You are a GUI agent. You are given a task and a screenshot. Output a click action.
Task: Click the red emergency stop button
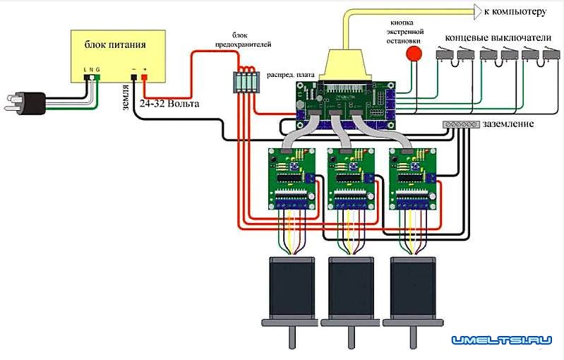pos(415,54)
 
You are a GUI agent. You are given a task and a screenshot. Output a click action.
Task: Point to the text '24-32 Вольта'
pos(169,104)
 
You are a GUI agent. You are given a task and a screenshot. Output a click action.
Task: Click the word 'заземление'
pos(508,124)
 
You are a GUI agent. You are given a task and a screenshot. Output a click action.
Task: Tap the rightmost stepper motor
pos(412,289)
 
